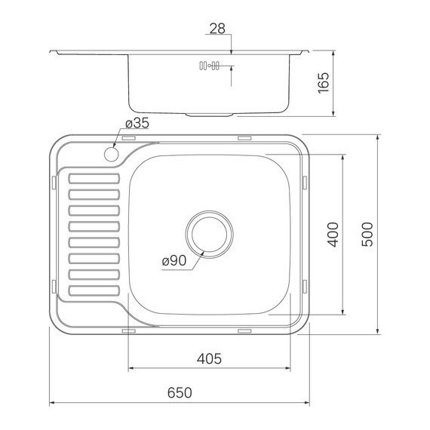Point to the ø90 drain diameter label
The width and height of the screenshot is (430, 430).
[x=174, y=261]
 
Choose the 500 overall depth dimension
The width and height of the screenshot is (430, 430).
[x=367, y=234]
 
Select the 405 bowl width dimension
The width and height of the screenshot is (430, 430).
[x=208, y=359]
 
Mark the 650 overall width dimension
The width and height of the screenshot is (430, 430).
[x=180, y=392]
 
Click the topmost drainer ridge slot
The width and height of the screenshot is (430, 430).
[x=94, y=180]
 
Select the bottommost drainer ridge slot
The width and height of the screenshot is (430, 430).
[x=94, y=290]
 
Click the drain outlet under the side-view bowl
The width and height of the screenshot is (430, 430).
[x=209, y=115]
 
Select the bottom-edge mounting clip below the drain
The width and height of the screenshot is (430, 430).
[x=244, y=330]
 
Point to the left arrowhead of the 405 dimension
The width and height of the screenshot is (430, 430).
[x=131, y=369]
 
